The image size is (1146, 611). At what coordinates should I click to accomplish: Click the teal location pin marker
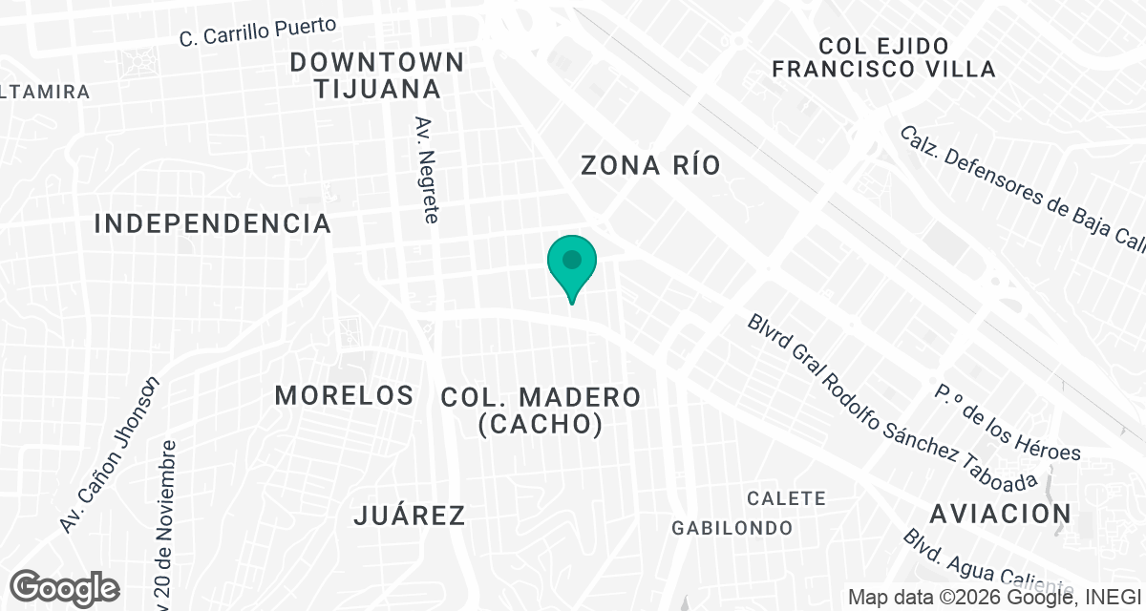[572, 263]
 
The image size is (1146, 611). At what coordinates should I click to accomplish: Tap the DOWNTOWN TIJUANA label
[377, 76]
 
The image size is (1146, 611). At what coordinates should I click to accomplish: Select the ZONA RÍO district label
[650, 165]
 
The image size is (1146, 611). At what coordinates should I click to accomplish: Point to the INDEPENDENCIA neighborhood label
[213, 224]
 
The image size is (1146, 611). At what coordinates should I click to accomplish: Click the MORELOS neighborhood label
[344, 395]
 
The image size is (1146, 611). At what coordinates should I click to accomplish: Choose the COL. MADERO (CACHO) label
[541, 411]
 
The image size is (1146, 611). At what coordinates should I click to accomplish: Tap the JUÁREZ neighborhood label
[410, 516]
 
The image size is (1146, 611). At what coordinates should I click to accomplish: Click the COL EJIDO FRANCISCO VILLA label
[883, 57]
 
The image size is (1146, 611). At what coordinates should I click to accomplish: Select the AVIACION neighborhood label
[1001, 514]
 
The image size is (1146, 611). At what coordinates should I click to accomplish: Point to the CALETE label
[786, 498]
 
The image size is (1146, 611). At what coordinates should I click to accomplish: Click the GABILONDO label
[732, 528]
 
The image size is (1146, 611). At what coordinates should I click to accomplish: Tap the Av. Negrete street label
[427, 170]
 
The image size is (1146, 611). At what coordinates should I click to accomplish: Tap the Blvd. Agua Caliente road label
[984, 563]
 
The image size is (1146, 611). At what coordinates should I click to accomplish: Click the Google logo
[65, 587]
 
